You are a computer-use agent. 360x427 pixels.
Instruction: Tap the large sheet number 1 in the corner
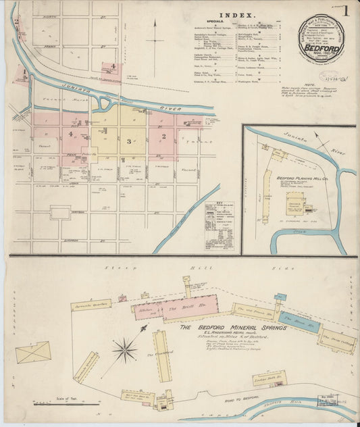pyautogui.click(x=344, y=11)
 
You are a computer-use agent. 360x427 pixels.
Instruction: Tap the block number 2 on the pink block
pyautogui.click(x=163, y=137)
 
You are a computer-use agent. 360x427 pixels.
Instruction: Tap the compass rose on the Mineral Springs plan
pyautogui.click(x=124, y=349)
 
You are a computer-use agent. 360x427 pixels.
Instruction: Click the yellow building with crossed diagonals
pyautogui.click(x=33, y=352)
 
